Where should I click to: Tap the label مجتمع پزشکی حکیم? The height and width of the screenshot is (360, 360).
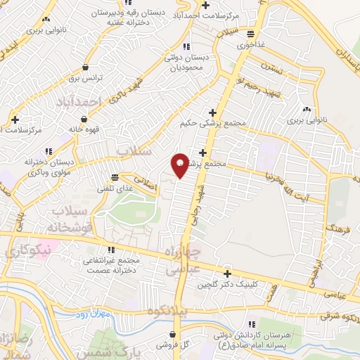click(x=213, y=123)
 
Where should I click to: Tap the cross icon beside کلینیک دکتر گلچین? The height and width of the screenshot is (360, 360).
click(x=227, y=274)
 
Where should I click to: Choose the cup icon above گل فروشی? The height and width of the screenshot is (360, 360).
click(x=173, y=334)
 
